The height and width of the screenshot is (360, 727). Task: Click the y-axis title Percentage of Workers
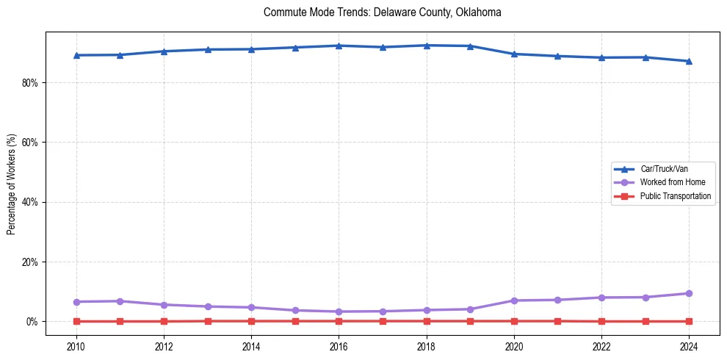(x=11, y=184)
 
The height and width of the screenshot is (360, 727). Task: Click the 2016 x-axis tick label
(x=339, y=346)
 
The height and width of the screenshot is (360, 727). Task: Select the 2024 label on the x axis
(x=689, y=346)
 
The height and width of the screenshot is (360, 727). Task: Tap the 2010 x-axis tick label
(x=76, y=346)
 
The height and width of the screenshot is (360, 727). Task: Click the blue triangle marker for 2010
(x=76, y=55)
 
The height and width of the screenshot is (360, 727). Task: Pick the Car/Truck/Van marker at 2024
(x=689, y=61)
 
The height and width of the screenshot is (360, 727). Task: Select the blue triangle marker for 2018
(x=427, y=46)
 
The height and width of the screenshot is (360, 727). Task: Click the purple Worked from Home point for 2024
(x=689, y=293)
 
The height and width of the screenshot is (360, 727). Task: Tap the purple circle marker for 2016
(x=339, y=312)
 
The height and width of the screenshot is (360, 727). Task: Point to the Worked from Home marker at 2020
(x=514, y=300)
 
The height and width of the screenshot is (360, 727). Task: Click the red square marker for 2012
(x=164, y=321)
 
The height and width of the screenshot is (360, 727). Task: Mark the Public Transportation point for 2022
(x=601, y=321)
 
